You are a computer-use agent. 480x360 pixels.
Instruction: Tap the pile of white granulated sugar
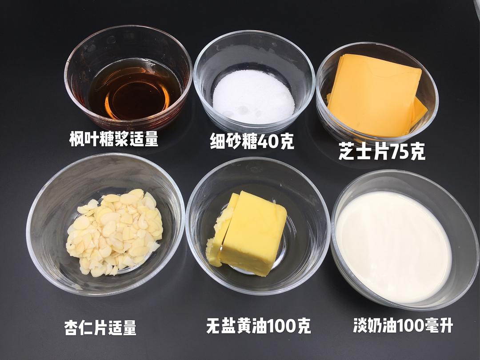tap(253, 97)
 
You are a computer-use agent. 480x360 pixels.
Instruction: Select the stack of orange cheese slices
tap(376, 96)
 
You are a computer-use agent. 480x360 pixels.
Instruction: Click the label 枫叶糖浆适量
tap(114, 139)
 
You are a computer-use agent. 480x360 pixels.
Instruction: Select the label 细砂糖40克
tap(252, 141)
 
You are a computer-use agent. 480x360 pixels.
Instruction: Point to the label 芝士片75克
tap(382, 151)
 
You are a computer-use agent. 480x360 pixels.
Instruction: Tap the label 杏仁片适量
tap(100, 328)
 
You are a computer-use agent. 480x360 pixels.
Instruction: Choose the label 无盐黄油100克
tap(259, 326)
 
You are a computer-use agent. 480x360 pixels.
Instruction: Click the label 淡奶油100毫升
tap(403, 325)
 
